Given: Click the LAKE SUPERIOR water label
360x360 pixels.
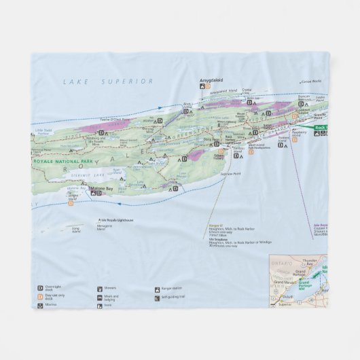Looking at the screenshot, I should [109, 81].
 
